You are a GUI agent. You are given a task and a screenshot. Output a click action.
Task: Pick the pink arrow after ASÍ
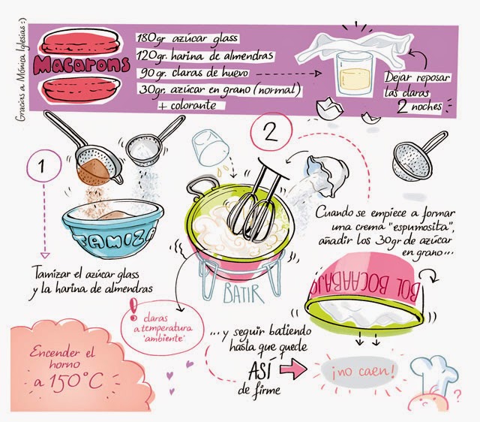click(x=295, y=369)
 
